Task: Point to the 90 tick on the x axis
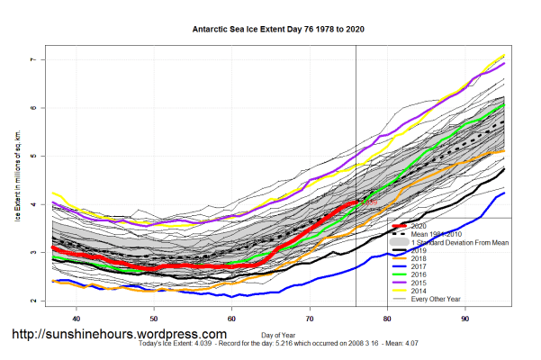[464, 318]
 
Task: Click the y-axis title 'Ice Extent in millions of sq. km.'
[17, 180]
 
